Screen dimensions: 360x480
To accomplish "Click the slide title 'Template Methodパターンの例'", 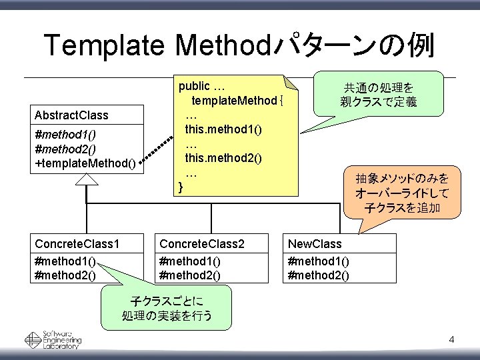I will pyautogui.click(x=239, y=46).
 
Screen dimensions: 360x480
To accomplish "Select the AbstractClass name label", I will pyautogui.click(x=71, y=115).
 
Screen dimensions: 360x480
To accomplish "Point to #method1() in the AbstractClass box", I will pyautogui.click(x=65, y=136).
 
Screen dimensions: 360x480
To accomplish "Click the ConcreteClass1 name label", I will pyautogui.click(x=79, y=243).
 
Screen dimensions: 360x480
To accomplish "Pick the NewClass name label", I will pyautogui.click(x=315, y=243).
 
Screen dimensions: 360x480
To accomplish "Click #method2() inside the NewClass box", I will pyautogui.click(x=318, y=275).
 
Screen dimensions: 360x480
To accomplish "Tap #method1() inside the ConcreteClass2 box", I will pyautogui.click(x=191, y=262).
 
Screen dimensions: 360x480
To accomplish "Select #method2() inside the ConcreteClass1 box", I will pyautogui.click(x=65, y=274).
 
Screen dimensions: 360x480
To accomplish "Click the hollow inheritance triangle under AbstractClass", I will pyautogui.click(x=87, y=179).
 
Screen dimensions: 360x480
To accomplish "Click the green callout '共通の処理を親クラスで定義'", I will pyautogui.click(x=378, y=95).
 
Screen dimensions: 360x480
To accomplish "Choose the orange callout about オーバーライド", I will pyautogui.click(x=402, y=193).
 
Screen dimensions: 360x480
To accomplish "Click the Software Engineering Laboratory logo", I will pyautogui.click(x=53, y=340).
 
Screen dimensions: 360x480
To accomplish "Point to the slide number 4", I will pyautogui.click(x=451, y=341).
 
